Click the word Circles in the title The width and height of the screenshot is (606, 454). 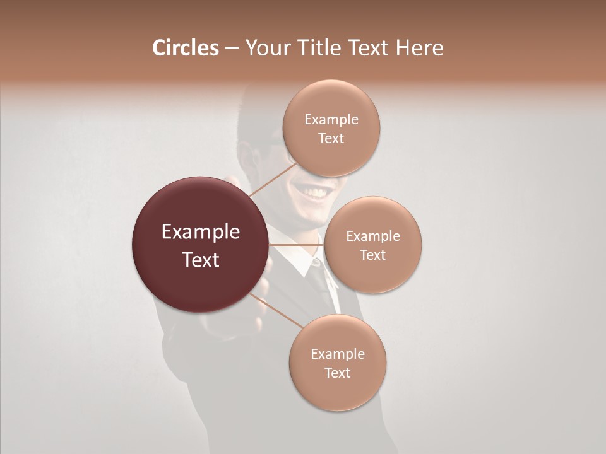pyautogui.click(x=186, y=48)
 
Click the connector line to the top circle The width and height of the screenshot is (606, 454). pyautogui.click(x=273, y=179)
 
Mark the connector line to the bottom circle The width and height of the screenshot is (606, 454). pyautogui.click(x=278, y=311)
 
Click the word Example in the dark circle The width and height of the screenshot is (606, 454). pyautogui.click(x=200, y=232)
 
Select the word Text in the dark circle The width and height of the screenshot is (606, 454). pyautogui.click(x=200, y=260)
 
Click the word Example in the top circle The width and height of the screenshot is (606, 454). pyautogui.click(x=331, y=120)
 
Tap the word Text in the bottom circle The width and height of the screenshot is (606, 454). pyautogui.click(x=337, y=373)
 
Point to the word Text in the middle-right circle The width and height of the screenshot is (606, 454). pyautogui.click(x=372, y=255)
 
